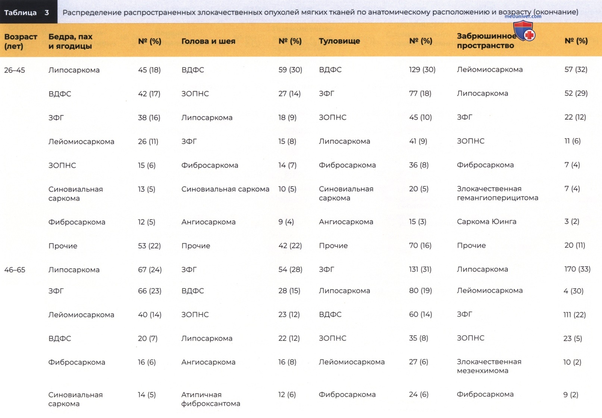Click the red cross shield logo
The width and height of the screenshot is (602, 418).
click(x=524, y=31)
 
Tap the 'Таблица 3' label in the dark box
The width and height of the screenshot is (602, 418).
click(x=26, y=12)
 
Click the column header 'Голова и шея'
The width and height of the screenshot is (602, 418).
click(x=208, y=41)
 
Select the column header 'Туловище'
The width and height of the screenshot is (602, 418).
click(x=339, y=41)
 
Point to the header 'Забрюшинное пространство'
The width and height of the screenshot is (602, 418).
click(x=486, y=41)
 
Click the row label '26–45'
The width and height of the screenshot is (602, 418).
click(x=15, y=70)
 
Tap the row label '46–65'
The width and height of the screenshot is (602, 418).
click(x=15, y=269)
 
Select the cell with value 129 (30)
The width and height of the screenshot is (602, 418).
click(x=422, y=70)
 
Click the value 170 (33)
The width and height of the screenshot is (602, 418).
click(x=577, y=269)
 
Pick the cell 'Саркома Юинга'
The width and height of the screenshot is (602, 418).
click(x=486, y=222)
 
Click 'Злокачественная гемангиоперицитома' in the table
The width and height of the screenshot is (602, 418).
click(x=498, y=193)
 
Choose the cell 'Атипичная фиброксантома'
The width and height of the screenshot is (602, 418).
click(x=210, y=399)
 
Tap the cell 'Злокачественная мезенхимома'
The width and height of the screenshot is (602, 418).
click(x=489, y=366)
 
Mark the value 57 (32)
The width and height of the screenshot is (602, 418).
click(x=576, y=70)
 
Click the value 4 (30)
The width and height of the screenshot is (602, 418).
click(x=573, y=291)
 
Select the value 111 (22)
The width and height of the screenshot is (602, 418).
click(x=574, y=314)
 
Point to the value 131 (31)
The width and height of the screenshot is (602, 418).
click(x=420, y=269)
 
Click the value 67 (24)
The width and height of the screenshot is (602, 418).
click(x=150, y=269)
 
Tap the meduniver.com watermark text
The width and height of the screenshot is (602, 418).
click(x=523, y=16)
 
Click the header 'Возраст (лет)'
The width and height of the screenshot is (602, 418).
click(x=21, y=41)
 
